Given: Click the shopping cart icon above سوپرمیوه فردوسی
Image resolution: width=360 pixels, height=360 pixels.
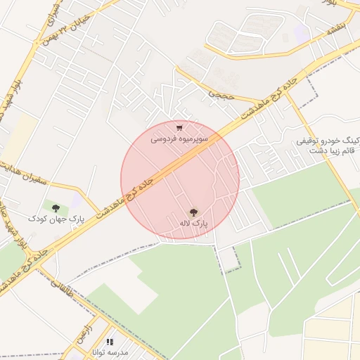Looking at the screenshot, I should click(180, 128).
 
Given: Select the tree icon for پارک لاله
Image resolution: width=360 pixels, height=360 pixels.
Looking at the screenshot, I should click(193, 211).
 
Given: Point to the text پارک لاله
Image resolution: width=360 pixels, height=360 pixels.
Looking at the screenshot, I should click(193, 223).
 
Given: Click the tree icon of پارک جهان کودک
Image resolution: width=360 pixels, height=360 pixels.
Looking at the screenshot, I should click(56, 207).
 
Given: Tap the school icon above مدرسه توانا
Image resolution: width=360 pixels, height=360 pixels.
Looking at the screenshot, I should click(109, 342).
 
